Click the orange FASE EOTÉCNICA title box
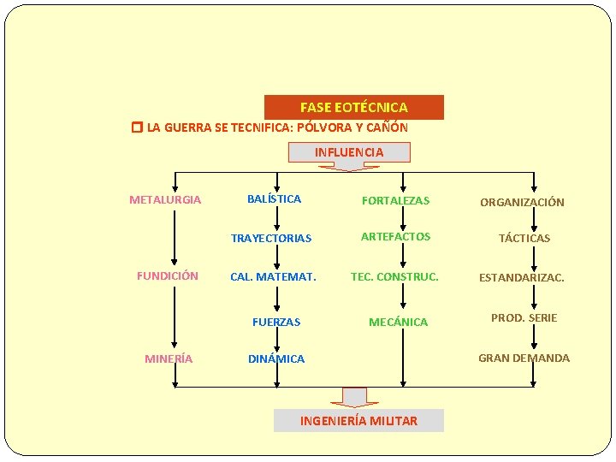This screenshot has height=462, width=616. [x=353, y=108]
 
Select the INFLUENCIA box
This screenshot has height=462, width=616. [x=349, y=152]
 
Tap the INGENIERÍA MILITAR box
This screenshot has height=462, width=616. [x=358, y=420]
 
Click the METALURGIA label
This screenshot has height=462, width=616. [x=165, y=200]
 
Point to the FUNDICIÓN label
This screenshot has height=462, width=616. [x=168, y=275]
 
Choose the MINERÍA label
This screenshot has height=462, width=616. [x=169, y=358]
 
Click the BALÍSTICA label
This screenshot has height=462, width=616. [x=274, y=198]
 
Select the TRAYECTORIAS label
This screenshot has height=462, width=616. [x=271, y=238]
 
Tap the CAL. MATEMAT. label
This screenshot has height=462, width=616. [x=273, y=276]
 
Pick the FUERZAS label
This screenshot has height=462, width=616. [x=276, y=322]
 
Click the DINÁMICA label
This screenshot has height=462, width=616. [x=276, y=358]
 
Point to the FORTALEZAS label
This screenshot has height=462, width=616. [x=395, y=201]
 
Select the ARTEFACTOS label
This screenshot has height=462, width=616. [x=395, y=236]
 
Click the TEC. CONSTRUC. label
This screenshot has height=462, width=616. [x=394, y=276]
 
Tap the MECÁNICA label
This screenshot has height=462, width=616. [x=398, y=322]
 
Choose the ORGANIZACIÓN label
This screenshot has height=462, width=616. [x=522, y=203]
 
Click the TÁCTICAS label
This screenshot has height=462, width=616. [x=524, y=238]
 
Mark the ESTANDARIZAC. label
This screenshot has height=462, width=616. [x=521, y=277]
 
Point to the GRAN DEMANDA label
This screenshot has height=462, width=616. [x=524, y=358]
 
